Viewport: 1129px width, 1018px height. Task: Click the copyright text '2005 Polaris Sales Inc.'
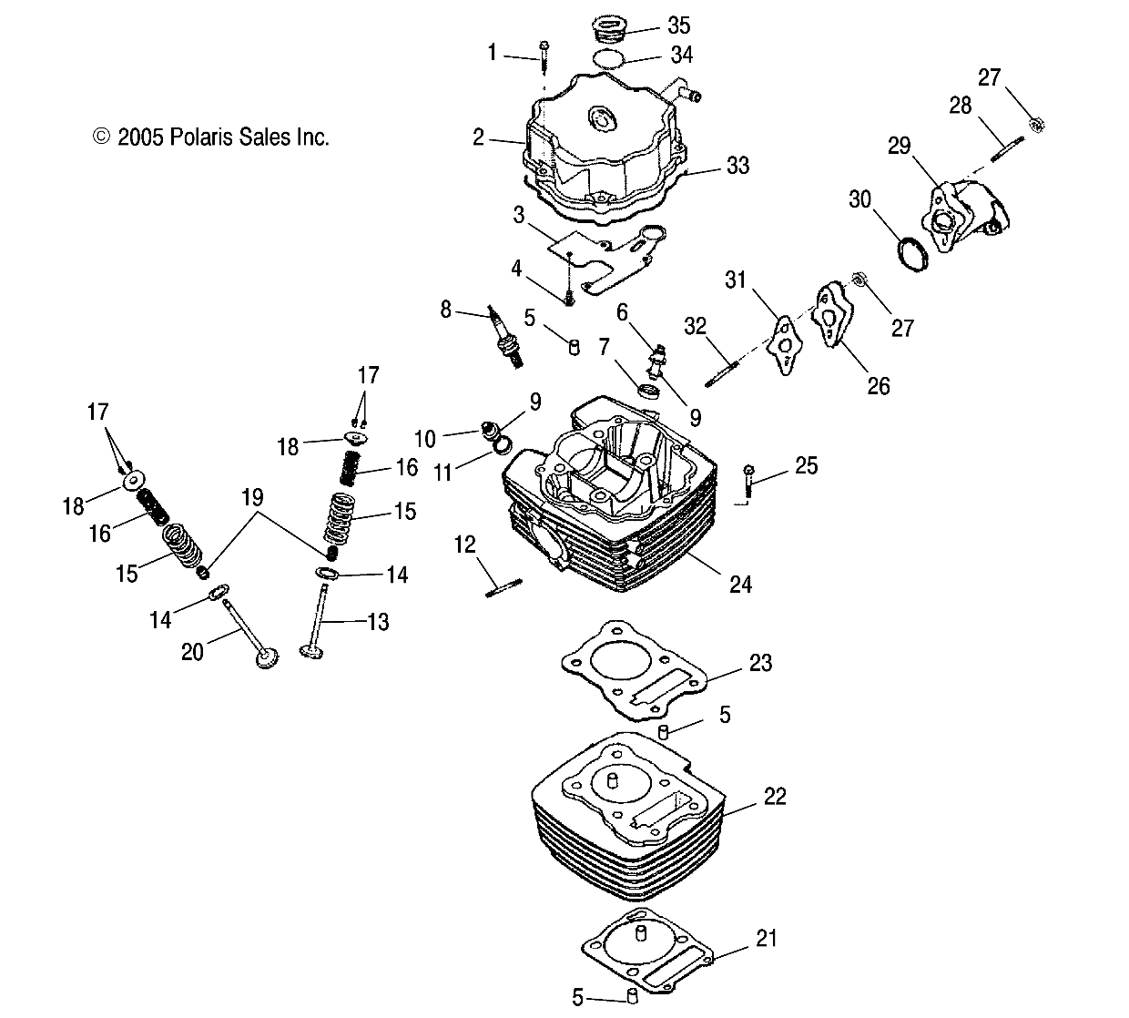tap(211, 137)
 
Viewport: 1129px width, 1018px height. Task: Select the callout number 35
tap(679, 25)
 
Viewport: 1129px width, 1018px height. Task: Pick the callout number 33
tap(737, 166)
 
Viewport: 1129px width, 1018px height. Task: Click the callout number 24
tap(741, 583)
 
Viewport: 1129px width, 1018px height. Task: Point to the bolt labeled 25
tap(748, 479)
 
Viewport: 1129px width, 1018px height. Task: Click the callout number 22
tap(774, 797)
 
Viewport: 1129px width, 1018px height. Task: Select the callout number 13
tap(377, 622)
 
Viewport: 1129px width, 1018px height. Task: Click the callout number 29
tap(900, 147)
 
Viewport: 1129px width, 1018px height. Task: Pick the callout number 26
tap(878, 385)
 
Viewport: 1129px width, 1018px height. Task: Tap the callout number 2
tap(479, 137)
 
